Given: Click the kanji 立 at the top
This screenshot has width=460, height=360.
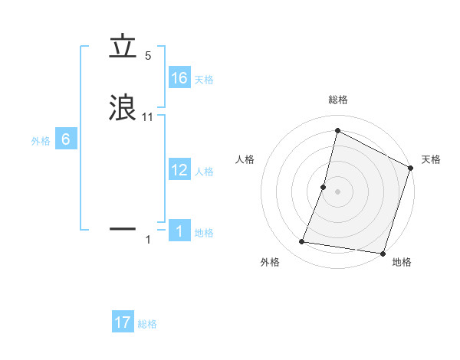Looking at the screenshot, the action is tap(123, 48).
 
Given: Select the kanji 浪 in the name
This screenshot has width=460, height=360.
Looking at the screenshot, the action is tap(123, 108).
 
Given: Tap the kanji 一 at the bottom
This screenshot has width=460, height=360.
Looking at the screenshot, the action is tap(123, 228).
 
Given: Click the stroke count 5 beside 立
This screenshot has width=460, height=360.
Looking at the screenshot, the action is tap(148, 56).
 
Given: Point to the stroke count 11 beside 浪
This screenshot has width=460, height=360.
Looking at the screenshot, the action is tap(148, 117).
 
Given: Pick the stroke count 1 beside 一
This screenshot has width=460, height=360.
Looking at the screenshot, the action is tap(148, 240).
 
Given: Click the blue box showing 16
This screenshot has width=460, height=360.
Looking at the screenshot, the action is tap(179, 77).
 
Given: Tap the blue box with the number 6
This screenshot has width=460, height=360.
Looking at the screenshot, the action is tap(66, 139).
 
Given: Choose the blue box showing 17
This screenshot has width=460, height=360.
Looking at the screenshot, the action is tap(123, 322).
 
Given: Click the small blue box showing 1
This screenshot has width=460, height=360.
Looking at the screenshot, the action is tap(179, 231).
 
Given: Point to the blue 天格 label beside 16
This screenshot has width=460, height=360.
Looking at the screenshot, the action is tap(204, 80).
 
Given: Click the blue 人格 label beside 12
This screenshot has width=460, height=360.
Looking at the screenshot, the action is tap(204, 172).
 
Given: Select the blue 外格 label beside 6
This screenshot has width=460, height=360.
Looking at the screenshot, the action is tap(41, 141).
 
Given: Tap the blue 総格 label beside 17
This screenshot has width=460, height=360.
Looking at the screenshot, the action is tap(147, 325).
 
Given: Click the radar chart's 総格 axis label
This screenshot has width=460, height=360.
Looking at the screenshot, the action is tap(337, 100).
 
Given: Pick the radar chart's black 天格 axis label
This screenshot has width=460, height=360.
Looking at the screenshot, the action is tap(431, 159).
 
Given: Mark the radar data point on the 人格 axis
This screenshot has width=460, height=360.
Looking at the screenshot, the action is tap(324, 187).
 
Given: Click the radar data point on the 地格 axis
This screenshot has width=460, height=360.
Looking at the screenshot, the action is tap(382, 253).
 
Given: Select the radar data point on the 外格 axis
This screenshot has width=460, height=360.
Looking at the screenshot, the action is tap(302, 242).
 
